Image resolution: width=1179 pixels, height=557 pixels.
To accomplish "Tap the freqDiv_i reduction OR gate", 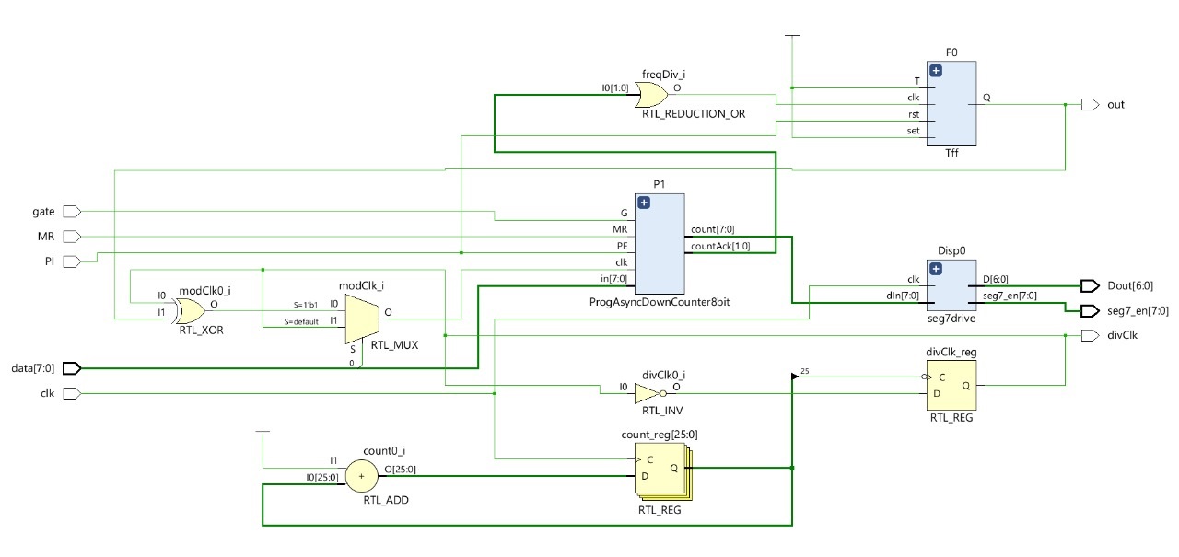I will [x=653, y=94].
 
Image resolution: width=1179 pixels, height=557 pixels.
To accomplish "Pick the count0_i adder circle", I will [x=361, y=476].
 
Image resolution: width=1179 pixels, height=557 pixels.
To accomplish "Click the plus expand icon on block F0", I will [x=937, y=70].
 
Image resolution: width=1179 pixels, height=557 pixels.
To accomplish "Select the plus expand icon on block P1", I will [x=644, y=203].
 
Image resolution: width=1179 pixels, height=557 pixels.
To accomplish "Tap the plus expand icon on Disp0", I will [x=937, y=269].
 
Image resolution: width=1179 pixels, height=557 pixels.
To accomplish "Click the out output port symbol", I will [x=1090, y=105].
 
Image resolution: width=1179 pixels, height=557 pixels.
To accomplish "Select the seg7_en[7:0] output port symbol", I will [x=1090, y=310].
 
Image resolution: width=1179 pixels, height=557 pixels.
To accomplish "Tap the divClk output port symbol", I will [x=1090, y=335].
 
